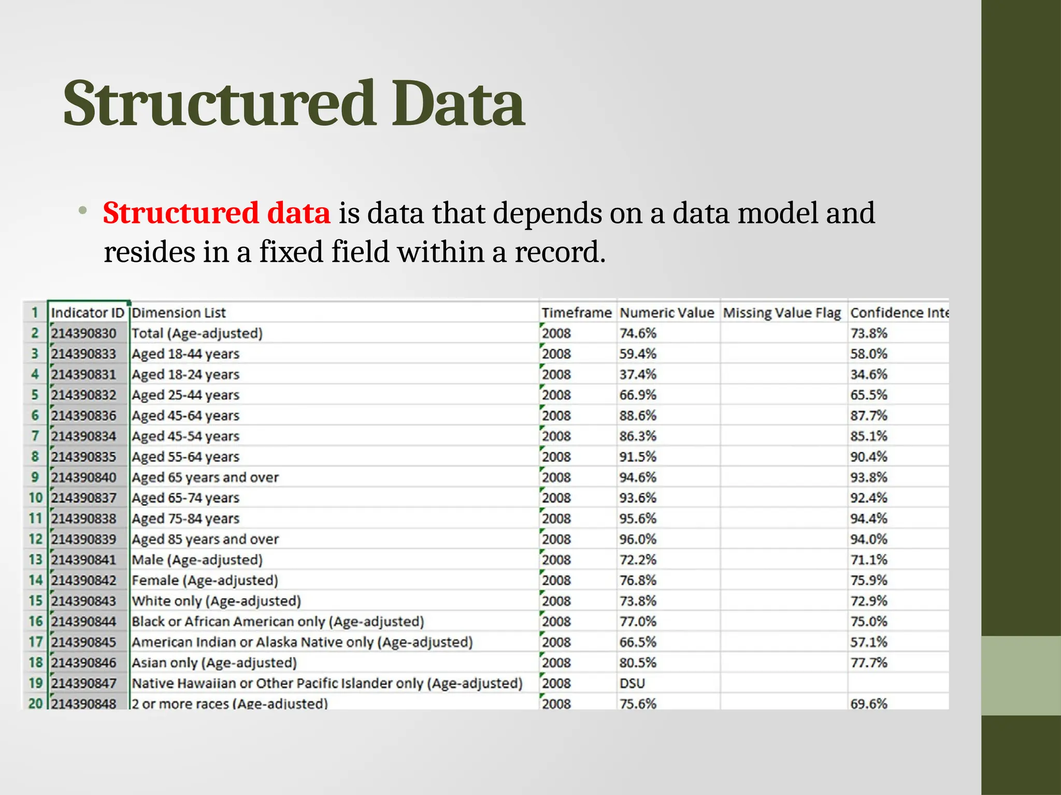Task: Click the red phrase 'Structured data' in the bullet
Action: (x=216, y=213)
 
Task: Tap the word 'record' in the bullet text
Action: (x=557, y=252)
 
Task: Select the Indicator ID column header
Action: (x=88, y=313)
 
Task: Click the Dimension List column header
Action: (x=179, y=313)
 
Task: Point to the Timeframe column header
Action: (x=577, y=313)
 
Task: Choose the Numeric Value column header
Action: (x=667, y=313)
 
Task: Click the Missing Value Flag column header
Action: (x=782, y=313)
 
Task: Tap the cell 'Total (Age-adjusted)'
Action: (x=197, y=333)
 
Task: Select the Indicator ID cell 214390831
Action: (x=83, y=374)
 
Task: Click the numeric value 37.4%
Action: (x=638, y=374)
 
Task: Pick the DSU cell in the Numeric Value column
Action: (x=632, y=683)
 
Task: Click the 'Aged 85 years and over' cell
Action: (x=205, y=539)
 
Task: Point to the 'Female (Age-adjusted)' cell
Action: (x=205, y=580)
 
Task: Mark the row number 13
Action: (x=35, y=560)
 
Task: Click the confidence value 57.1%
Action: (x=869, y=642)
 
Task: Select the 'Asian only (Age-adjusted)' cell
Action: (x=214, y=663)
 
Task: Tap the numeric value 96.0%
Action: (x=638, y=539)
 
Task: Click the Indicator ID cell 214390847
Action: (x=83, y=683)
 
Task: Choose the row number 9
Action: (x=35, y=477)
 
